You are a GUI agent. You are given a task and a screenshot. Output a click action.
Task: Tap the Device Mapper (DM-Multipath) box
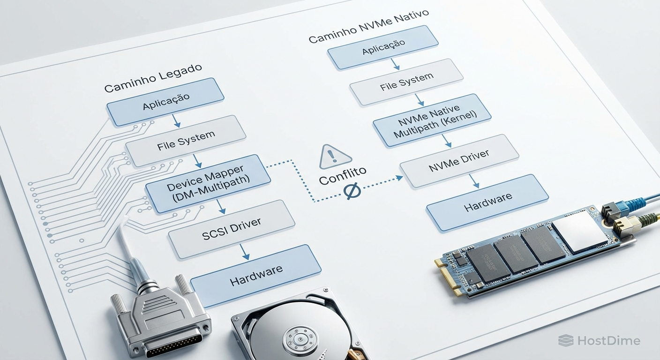point(208,184)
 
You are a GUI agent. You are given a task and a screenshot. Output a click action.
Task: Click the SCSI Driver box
point(232,229)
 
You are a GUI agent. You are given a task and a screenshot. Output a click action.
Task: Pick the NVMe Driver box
point(459,161)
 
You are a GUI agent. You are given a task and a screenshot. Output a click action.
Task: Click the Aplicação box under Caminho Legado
point(165,102)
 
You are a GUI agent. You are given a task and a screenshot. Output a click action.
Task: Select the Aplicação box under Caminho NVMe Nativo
point(382,47)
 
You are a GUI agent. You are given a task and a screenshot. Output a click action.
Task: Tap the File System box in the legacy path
point(186,141)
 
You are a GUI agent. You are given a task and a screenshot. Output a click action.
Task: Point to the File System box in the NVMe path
point(406,82)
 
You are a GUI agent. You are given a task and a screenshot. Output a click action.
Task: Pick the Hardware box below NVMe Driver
point(487,202)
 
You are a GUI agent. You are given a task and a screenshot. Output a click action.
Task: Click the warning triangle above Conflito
point(335,157)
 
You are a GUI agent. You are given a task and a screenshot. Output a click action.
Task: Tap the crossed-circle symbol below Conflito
point(352,191)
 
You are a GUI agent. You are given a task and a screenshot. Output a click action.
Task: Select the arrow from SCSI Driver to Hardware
point(245,252)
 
